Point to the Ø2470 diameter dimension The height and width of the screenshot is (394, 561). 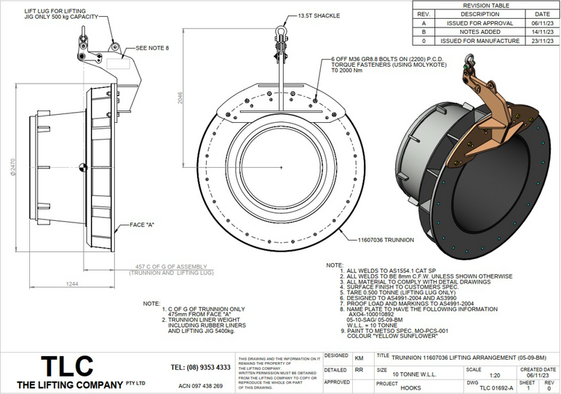click(13, 168)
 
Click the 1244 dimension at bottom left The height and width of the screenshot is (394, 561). click(71, 283)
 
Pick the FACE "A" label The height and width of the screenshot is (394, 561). click(145, 225)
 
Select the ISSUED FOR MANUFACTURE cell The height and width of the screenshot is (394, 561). click(480, 41)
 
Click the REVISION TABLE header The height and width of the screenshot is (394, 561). click(486, 5)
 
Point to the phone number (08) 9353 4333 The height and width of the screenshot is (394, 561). click(201, 368)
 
